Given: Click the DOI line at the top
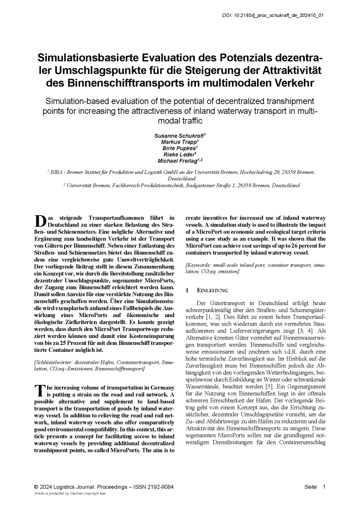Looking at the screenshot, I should (272, 15).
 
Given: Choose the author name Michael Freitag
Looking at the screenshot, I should (179, 161).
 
